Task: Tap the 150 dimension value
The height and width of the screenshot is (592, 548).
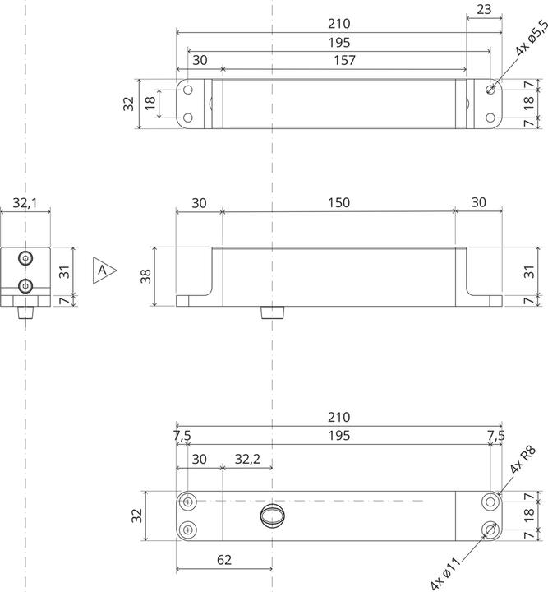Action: point(338,202)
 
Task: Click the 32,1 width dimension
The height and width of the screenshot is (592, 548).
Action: point(26,202)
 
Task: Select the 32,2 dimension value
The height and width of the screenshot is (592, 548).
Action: point(247,459)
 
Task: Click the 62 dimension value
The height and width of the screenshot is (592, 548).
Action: point(223,560)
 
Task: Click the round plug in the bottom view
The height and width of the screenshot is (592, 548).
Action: point(271,516)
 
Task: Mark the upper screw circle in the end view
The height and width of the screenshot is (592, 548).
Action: point(26,258)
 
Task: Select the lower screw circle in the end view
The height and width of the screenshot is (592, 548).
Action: point(26,286)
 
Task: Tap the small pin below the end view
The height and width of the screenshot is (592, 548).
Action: point(26,313)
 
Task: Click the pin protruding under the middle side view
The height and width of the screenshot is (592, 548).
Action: point(271,312)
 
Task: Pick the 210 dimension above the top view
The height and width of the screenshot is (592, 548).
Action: point(338,24)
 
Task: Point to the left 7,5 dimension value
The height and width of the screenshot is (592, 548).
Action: point(182,434)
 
